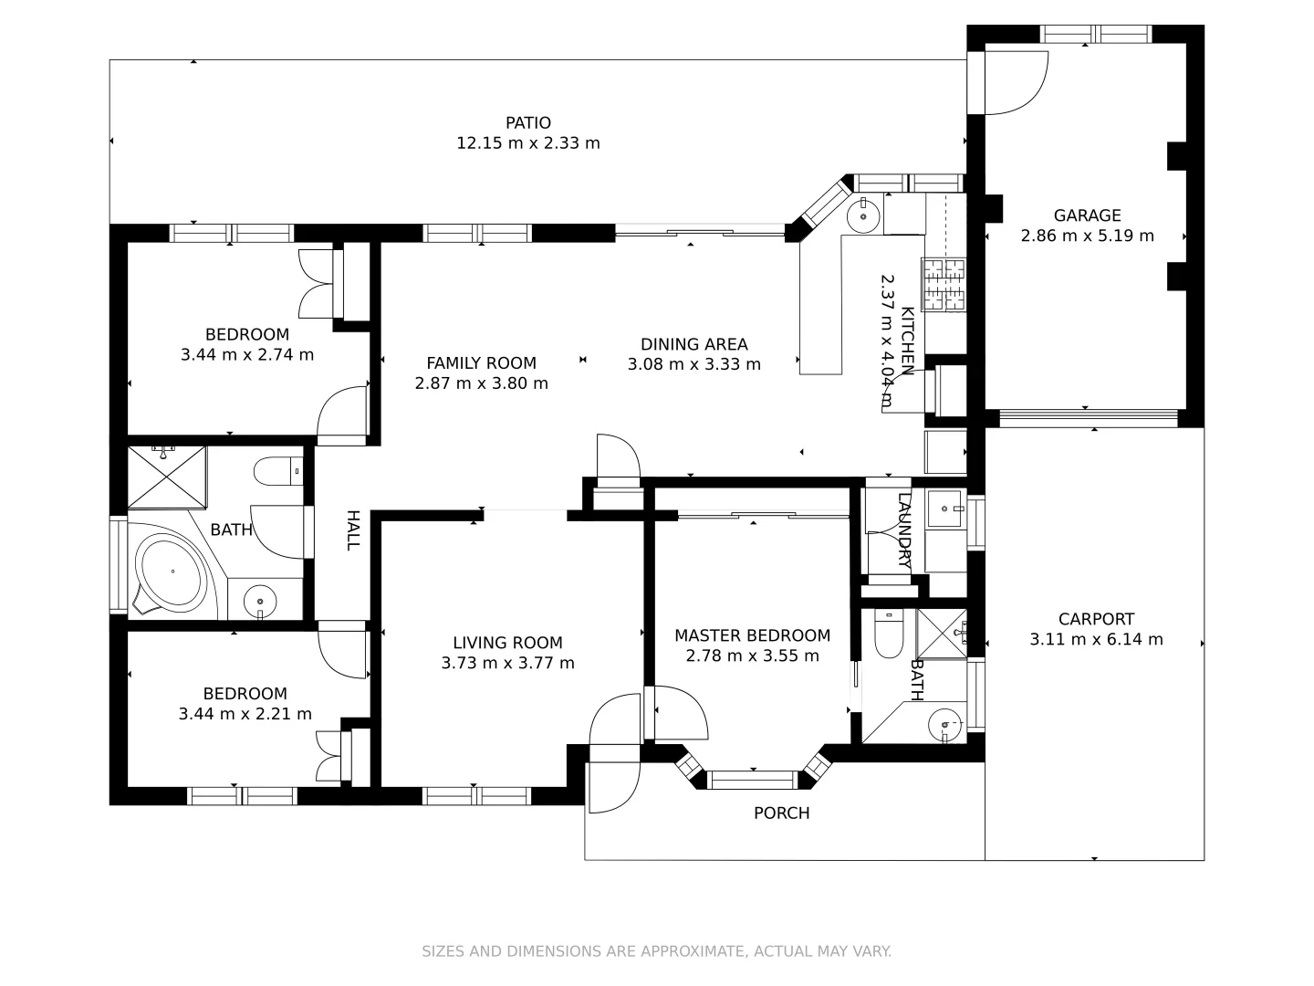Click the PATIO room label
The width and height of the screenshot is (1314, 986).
coord(528,123)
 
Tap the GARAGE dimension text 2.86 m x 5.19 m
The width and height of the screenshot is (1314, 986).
coord(1087,236)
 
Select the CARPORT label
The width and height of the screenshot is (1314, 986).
coord(1096,619)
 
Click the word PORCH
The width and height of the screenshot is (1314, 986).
coord(781,813)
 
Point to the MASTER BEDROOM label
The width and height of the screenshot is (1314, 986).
coord(752,635)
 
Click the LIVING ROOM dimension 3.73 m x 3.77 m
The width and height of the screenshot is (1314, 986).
coord(507,663)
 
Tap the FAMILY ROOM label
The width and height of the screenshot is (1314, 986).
coord(481,362)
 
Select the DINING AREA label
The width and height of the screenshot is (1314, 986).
coord(693,344)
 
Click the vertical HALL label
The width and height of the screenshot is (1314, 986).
coord(352,530)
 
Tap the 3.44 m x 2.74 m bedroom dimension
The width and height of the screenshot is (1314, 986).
coord(247,354)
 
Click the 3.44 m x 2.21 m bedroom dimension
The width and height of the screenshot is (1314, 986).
coord(245,713)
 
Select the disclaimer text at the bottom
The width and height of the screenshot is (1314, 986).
coord(656,951)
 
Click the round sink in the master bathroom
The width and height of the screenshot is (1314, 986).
coord(944,727)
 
